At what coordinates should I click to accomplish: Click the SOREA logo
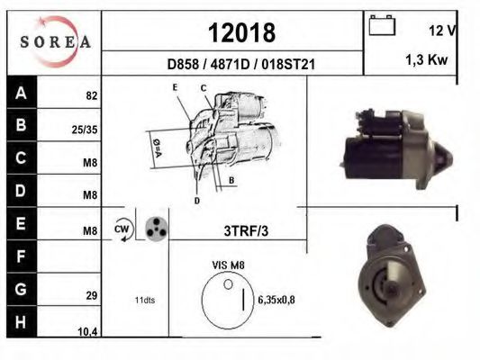(56, 41)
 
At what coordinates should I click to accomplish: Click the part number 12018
(242, 32)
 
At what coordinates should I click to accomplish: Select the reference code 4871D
(230, 65)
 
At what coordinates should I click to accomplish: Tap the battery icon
(382, 25)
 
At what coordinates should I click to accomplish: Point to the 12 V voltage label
(443, 31)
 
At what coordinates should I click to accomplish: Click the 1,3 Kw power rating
(427, 59)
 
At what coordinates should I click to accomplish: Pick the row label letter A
(21, 93)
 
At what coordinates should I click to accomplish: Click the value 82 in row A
(92, 95)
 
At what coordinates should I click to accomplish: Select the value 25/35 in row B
(85, 130)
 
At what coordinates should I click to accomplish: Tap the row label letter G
(21, 289)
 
